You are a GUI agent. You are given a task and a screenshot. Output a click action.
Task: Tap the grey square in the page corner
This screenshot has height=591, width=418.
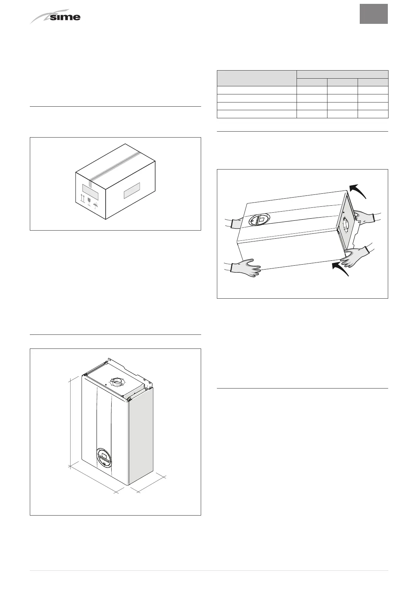pos(373,14)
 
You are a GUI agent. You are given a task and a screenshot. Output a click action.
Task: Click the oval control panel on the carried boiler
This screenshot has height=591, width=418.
pos(259,220)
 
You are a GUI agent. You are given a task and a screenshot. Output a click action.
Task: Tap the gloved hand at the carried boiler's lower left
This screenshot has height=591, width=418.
pos(246,268)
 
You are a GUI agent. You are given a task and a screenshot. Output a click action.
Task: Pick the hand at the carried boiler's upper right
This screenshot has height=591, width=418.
pos(363,217)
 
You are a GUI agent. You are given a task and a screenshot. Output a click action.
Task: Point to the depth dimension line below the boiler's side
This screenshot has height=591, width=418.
pos(151,483)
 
